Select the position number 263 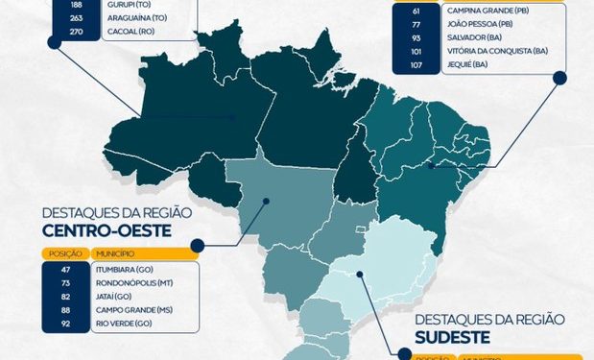pyautogui.click(x=51, y=17)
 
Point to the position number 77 pyautogui.click(x=416, y=23)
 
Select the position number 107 pyautogui.click(x=416, y=64)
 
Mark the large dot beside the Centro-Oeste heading pyautogui.click(x=197, y=246)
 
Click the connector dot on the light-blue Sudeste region pyautogui.click(x=360, y=274)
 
